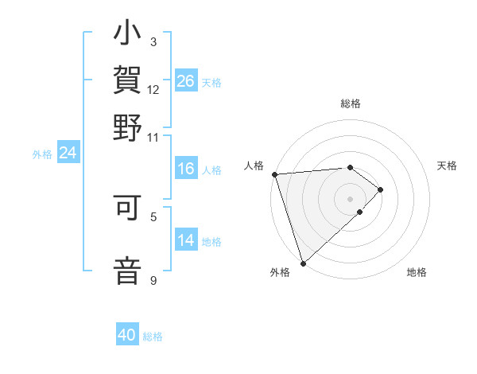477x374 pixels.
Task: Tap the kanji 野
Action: tap(127, 127)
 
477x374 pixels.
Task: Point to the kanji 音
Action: tap(127, 268)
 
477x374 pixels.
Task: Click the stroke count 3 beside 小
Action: tap(153, 42)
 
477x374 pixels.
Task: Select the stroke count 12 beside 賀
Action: tap(153, 90)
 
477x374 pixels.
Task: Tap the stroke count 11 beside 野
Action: tap(153, 137)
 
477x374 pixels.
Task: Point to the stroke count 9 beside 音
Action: tap(153, 280)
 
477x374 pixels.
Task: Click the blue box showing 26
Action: tap(185, 80)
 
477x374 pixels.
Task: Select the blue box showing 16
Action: tap(185, 169)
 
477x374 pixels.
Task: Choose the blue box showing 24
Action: tap(68, 153)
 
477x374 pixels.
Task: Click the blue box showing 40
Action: tap(127, 336)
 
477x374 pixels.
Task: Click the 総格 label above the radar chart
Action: tap(351, 104)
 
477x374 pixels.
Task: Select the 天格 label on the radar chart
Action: tap(447, 166)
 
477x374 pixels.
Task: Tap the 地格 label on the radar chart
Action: tap(417, 272)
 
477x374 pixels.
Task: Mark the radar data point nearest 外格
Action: tap(303, 263)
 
